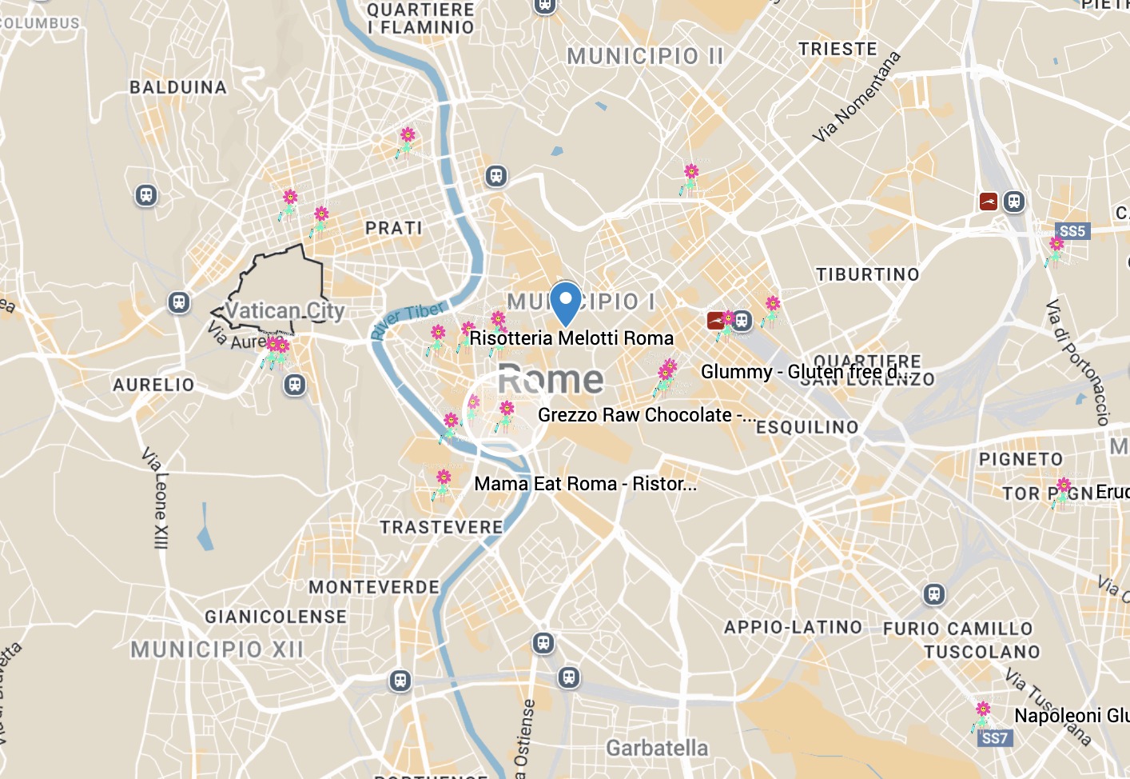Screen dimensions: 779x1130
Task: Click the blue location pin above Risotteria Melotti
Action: [x=566, y=302]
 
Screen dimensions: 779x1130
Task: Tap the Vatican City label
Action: [x=284, y=311]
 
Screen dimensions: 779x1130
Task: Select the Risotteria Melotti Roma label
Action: [x=571, y=338]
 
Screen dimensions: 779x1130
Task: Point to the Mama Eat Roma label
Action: [x=585, y=484]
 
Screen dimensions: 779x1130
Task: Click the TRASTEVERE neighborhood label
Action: [x=441, y=527]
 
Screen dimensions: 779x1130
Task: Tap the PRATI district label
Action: [x=393, y=228]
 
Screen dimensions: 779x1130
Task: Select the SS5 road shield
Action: [x=1072, y=231]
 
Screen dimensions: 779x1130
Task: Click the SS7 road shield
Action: [x=995, y=737]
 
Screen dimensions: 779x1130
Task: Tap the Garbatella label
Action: [x=657, y=748]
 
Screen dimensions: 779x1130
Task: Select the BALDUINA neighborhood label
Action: [x=178, y=87]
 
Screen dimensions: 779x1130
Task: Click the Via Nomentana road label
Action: [x=856, y=97]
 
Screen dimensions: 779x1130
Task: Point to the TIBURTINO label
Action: [x=867, y=274]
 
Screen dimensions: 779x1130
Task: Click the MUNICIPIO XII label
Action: [x=217, y=649]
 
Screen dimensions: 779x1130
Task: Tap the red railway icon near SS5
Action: [x=989, y=202]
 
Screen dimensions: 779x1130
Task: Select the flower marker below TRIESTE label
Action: [x=690, y=178]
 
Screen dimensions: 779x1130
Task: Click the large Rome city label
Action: [x=551, y=379]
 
